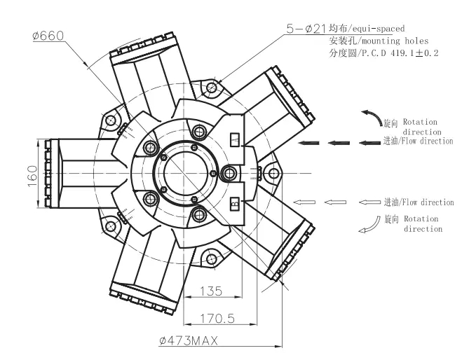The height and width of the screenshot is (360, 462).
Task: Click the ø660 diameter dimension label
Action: pos(48,36)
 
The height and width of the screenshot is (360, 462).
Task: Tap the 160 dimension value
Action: pos(33,176)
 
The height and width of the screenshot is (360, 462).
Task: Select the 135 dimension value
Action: pos(211,291)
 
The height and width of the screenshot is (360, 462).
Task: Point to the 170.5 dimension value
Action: pos(217,318)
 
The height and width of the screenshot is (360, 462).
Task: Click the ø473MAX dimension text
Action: pos(189,340)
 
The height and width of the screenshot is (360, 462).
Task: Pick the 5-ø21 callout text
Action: pos(306,29)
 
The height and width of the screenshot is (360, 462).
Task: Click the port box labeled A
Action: pos(235,139)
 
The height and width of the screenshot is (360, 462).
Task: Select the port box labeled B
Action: pos(235,204)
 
